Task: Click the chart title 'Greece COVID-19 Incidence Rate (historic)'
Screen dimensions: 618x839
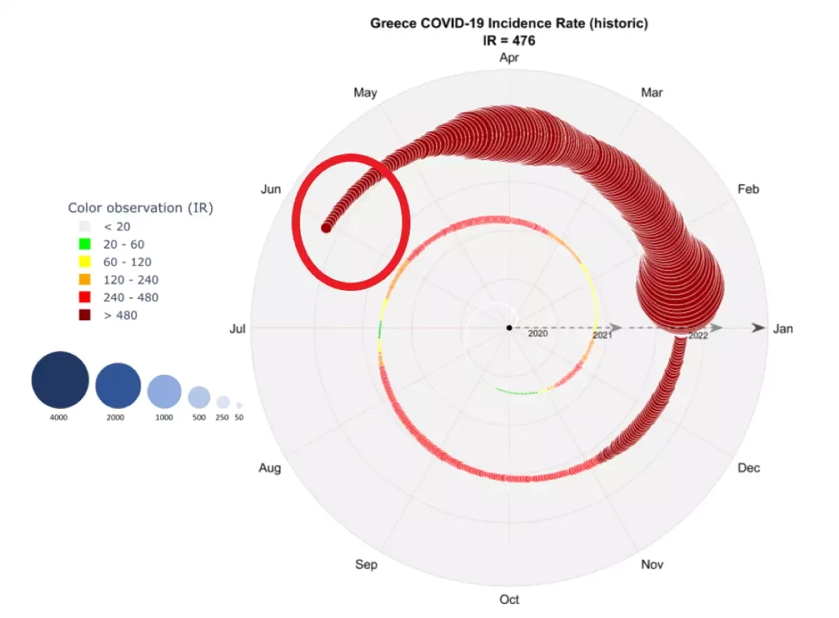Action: (x=508, y=24)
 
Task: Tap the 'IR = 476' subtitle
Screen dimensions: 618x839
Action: (x=508, y=41)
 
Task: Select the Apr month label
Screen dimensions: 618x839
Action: (x=509, y=58)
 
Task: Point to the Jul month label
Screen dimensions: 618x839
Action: (x=237, y=329)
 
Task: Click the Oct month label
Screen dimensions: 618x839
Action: (x=509, y=599)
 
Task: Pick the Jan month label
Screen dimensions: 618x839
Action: (x=783, y=329)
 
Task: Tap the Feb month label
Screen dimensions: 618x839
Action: (x=748, y=189)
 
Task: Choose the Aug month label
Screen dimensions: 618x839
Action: (x=270, y=468)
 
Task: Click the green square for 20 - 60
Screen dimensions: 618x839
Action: (x=85, y=245)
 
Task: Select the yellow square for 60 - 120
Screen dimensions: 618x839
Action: (x=85, y=262)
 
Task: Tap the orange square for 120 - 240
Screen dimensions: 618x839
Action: (x=85, y=280)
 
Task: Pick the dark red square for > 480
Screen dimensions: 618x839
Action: (x=85, y=315)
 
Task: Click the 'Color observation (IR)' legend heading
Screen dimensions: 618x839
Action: (x=141, y=208)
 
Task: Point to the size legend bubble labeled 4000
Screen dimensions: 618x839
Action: (x=60, y=380)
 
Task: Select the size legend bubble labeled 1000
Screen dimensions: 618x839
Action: (x=164, y=391)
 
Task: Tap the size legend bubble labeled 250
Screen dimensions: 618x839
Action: (x=223, y=402)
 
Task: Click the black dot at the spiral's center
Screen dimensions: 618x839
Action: (x=509, y=328)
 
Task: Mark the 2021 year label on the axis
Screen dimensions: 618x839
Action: (x=603, y=336)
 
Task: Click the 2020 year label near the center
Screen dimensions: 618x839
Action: (x=538, y=333)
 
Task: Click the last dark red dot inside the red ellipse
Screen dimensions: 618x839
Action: (x=326, y=227)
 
